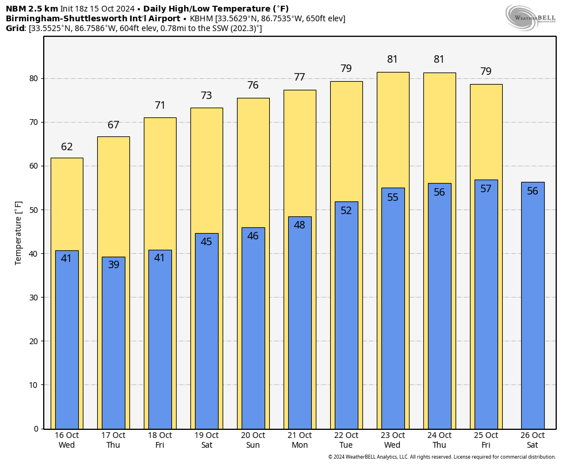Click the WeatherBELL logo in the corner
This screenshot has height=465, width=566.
pos(530,17)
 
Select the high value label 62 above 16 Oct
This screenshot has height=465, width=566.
pos(67,147)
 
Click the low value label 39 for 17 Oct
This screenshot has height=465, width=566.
pos(113,265)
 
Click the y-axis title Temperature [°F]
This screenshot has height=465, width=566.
pos(18,232)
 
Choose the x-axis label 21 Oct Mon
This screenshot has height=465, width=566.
pos(300,440)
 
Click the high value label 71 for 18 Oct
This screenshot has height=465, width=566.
pos(160,106)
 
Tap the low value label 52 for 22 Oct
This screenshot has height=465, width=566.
pos(346,211)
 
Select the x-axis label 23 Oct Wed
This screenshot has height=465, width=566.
pos(393,440)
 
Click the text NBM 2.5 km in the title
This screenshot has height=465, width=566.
pos(32,9)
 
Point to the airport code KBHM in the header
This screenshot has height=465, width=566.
pos(202,18)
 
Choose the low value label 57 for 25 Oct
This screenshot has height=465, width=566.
pos(486,189)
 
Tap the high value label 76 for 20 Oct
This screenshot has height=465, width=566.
pos(253,85)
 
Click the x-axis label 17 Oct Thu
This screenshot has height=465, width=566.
pos(113,440)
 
